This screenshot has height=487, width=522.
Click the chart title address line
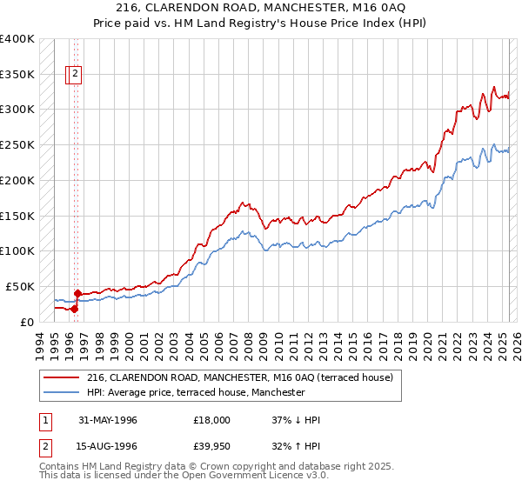pos(260,8)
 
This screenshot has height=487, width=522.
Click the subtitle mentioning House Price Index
pos(260,23)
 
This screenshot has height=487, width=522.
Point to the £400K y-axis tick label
pos(17,39)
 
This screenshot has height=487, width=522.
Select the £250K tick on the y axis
pos(17,144)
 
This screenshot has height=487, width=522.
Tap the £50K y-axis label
pos(19,286)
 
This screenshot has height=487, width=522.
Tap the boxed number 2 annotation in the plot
pos(76,75)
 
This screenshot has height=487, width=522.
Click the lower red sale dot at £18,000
pos(75,308)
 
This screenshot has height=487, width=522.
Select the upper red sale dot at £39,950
pos(77,293)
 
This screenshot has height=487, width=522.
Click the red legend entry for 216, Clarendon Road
pos(240,377)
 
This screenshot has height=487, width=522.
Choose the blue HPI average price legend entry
pos(196,392)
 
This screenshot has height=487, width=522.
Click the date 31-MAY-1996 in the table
pos(108,420)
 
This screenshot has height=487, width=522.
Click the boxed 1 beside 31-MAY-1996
pos(45,420)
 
